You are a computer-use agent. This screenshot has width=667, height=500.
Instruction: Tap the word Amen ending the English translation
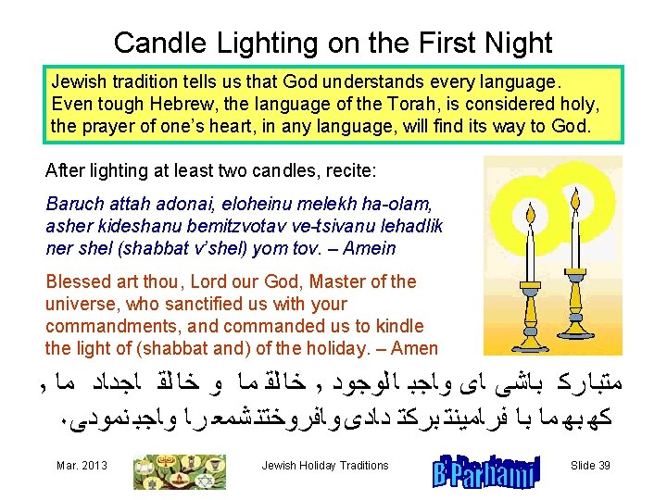tap(415, 348)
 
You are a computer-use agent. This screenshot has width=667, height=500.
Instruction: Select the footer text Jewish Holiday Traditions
tap(325, 466)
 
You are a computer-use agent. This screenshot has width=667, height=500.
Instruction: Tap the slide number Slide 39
tap(589, 466)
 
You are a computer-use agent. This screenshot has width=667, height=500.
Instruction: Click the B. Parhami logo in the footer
tap(485, 470)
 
